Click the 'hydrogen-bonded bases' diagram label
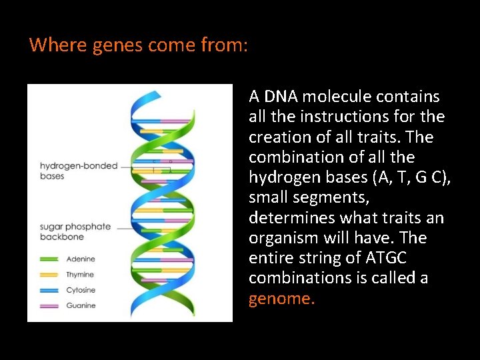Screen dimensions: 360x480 [x=78, y=171]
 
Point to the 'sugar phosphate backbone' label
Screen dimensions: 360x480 [x=75, y=231]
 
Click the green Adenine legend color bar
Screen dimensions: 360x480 [x=51, y=259]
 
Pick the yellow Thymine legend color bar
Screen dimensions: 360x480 [x=51, y=275]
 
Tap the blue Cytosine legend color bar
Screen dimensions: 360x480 [x=51, y=290]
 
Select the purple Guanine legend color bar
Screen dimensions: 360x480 [x=51, y=305]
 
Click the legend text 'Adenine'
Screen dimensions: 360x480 [x=81, y=259]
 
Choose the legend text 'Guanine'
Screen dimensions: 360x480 [x=81, y=305]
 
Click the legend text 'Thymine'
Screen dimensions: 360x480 [x=80, y=275]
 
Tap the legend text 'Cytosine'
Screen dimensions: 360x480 [x=81, y=290]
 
